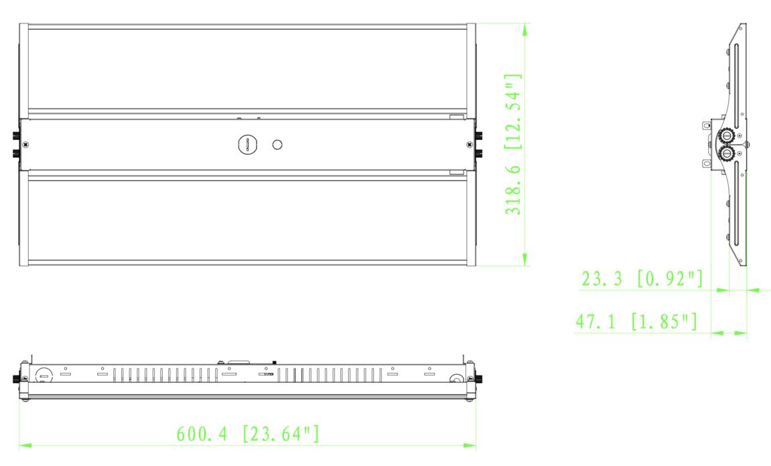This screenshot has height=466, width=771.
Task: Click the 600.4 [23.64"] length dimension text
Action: [x=248, y=433]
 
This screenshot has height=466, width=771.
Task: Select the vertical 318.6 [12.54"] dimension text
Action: [x=514, y=145]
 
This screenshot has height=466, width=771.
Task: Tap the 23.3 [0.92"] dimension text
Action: [x=642, y=279]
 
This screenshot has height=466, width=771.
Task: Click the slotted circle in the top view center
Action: [x=247, y=144]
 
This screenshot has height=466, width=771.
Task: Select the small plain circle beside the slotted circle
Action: [x=277, y=144]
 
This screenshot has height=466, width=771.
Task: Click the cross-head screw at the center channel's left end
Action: [x=25, y=144]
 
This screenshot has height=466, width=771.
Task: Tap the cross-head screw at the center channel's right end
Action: [x=468, y=144]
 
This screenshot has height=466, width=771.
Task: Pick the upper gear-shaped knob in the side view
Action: [x=724, y=135]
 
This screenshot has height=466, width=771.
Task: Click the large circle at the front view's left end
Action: [x=43, y=375]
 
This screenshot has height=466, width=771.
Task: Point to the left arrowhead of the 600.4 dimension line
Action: [x=24, y=444]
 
